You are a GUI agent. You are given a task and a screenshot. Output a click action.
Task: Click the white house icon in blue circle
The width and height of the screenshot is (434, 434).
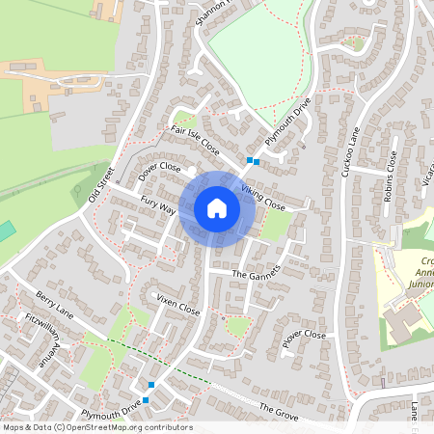point(217,208)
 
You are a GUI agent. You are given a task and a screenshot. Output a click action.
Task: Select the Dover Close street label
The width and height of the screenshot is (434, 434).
point(159,171)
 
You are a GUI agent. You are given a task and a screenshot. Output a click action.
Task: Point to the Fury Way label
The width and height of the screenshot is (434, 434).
point(158,204)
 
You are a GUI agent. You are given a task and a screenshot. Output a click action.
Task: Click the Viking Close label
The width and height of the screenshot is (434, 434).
point(263,199)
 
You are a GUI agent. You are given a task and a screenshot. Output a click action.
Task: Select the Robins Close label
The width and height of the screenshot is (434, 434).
point(390,175)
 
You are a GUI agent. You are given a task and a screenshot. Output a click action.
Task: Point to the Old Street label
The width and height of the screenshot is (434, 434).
point(100,184)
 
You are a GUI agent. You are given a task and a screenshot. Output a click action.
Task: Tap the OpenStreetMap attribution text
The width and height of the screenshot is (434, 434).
point(97,427)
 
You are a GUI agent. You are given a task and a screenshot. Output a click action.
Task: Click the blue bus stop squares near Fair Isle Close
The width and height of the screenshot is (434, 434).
point(252,161)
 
